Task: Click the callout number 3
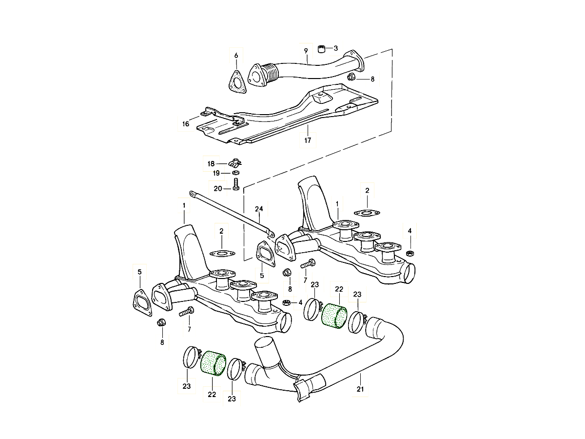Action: pyautogui.click(x=335, y=48)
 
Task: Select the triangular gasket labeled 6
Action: pyautogui.click(x=236, y=81)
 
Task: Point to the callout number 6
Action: pyautogui.click(x=236, y=55)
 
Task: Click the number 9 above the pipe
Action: pyautogui.click(x=306, y=51)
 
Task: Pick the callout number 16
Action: pyautogui.click(x=185, y=124)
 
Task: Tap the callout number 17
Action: pyautogui.click(x=308, y=141)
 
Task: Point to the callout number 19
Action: pyautogui.click(x=215, y=173)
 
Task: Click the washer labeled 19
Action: pyautogui.click(x=236, y=173)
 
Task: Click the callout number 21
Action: pyautogui.click(x=360, y=389)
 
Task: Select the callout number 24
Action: pyautogui.click(x=259, y=209)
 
